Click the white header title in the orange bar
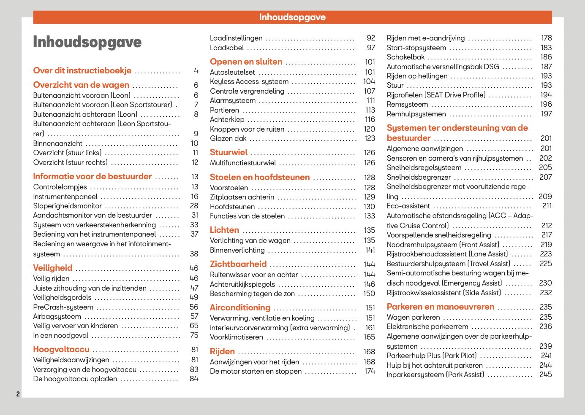pos(292,17)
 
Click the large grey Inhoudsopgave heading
pos(87,42)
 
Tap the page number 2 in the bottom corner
pos(18,394)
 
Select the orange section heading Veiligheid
pos(53,268)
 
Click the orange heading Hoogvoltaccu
pos(61,349)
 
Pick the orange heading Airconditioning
pos(240,307)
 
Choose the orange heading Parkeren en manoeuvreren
pos(441,307)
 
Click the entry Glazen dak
pos(228,138)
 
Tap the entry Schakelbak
pos(406,57)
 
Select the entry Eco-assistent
pos(408,206)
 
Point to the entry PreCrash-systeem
pos(63,307)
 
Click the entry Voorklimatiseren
pos(237,337)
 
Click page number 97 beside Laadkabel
pos(371,48)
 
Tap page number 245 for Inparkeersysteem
pos(546,375)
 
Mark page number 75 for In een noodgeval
pos(194,335)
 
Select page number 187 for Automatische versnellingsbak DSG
pos(547,67)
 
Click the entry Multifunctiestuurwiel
pos(243,163)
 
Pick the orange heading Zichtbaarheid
pos(238,264)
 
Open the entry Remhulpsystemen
pos(416,114)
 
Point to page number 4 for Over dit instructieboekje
pos(196,71)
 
